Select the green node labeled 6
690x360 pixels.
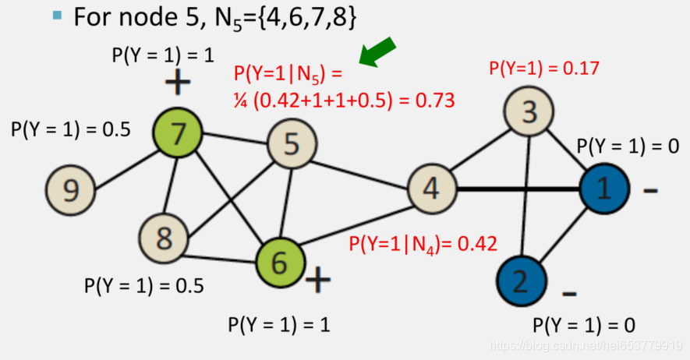pos(278,262)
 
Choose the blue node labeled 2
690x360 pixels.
pos(520,278)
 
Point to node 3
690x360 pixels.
pos(529,112)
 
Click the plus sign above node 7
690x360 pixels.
pos(178,82)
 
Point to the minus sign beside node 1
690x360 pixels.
pos(650,189)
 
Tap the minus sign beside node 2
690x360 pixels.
pos(570,294)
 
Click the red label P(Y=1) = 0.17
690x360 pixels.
pos(543,68)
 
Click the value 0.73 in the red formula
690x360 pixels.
pos(436,101)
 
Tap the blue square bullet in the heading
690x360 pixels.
pos(57,15)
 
